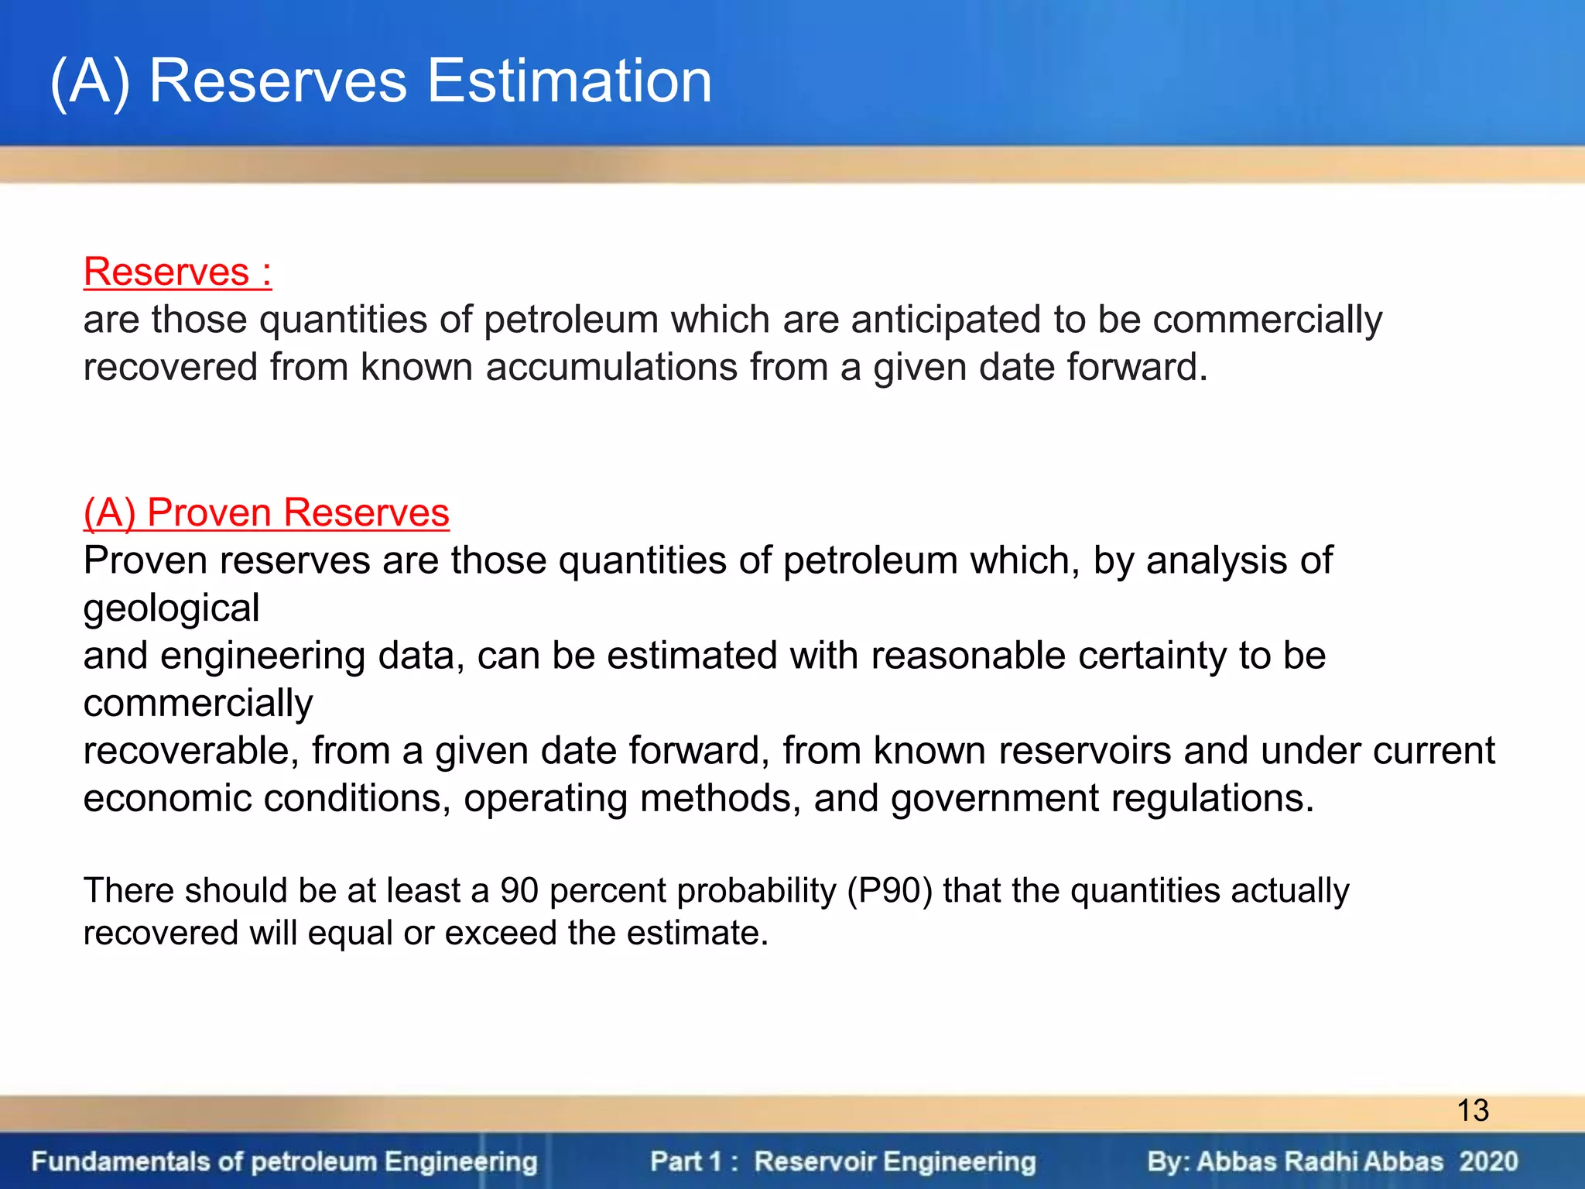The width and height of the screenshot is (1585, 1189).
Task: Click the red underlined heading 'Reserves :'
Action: (177, 272)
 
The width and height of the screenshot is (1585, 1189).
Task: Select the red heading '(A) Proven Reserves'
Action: (266, 512)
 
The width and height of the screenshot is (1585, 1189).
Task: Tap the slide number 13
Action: (1473, 1111)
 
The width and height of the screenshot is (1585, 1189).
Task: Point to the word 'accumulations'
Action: (611, 367)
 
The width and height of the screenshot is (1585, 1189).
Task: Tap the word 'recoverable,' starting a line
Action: (190, 751)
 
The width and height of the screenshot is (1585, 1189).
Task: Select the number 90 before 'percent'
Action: (519, 890)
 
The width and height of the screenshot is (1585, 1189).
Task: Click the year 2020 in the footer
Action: (1488, 1161)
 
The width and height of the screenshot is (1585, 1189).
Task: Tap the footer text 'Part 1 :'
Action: (693, 1161)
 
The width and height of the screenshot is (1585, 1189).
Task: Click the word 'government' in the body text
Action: (994, 798)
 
